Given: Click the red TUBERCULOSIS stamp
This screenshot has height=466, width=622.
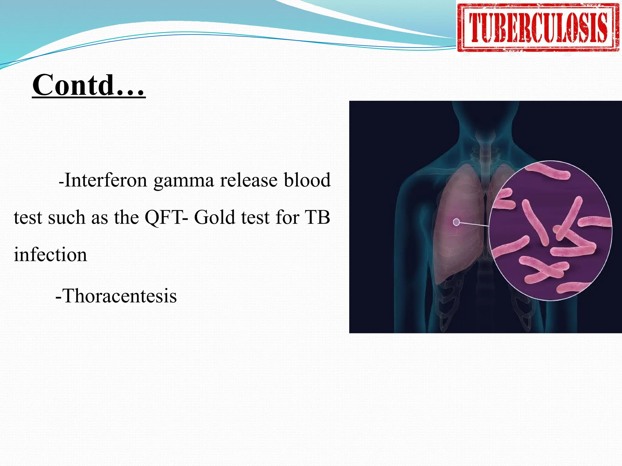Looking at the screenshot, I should pyautogui.click(x=538, y=28).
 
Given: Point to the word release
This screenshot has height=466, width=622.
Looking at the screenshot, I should pyautogui.click(x=249, y=180).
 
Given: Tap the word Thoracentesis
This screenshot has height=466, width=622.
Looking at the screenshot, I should pyautogui.click(x=120, y=296).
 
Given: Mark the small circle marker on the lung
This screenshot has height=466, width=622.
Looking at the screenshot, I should pyautogui.click(x=456, y=222).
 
